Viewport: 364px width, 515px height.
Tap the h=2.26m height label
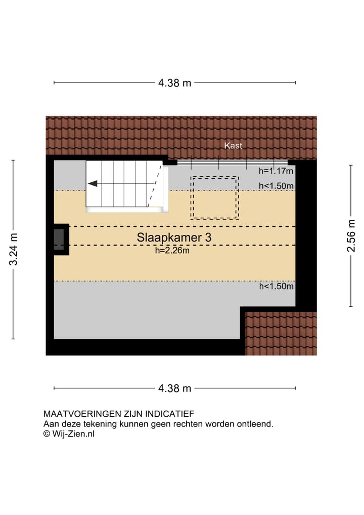pyautogui.click(x=172, y=249)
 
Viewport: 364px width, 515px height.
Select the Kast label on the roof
pyautogui.click(x=234, y=146)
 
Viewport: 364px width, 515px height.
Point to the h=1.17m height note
pyautogui.click(x=276, y=171)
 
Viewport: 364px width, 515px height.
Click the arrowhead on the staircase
pyautogui.click(x=93, y=183)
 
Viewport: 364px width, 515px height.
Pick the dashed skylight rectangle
pyautogui.click(x=214, y=197)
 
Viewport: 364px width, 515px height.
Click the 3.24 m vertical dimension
pyautogui.click(x=14, y=249)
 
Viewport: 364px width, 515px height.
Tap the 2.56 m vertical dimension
pyautogui.click(x=351, y=235)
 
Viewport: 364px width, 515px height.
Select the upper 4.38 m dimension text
pyautogui.click(x=174, y=83)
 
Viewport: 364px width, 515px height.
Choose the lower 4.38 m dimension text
pyautogui.click(x=174, y=388)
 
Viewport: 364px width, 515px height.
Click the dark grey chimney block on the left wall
pyautogui.click(x=59, y=240)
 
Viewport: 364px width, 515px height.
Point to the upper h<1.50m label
pyautogui.click(x=276, y=186)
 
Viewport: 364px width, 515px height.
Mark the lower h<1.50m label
pyautogui.click(x=276, y=287)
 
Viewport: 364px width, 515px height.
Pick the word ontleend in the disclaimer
pyautogui.click(x=256, y=424)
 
